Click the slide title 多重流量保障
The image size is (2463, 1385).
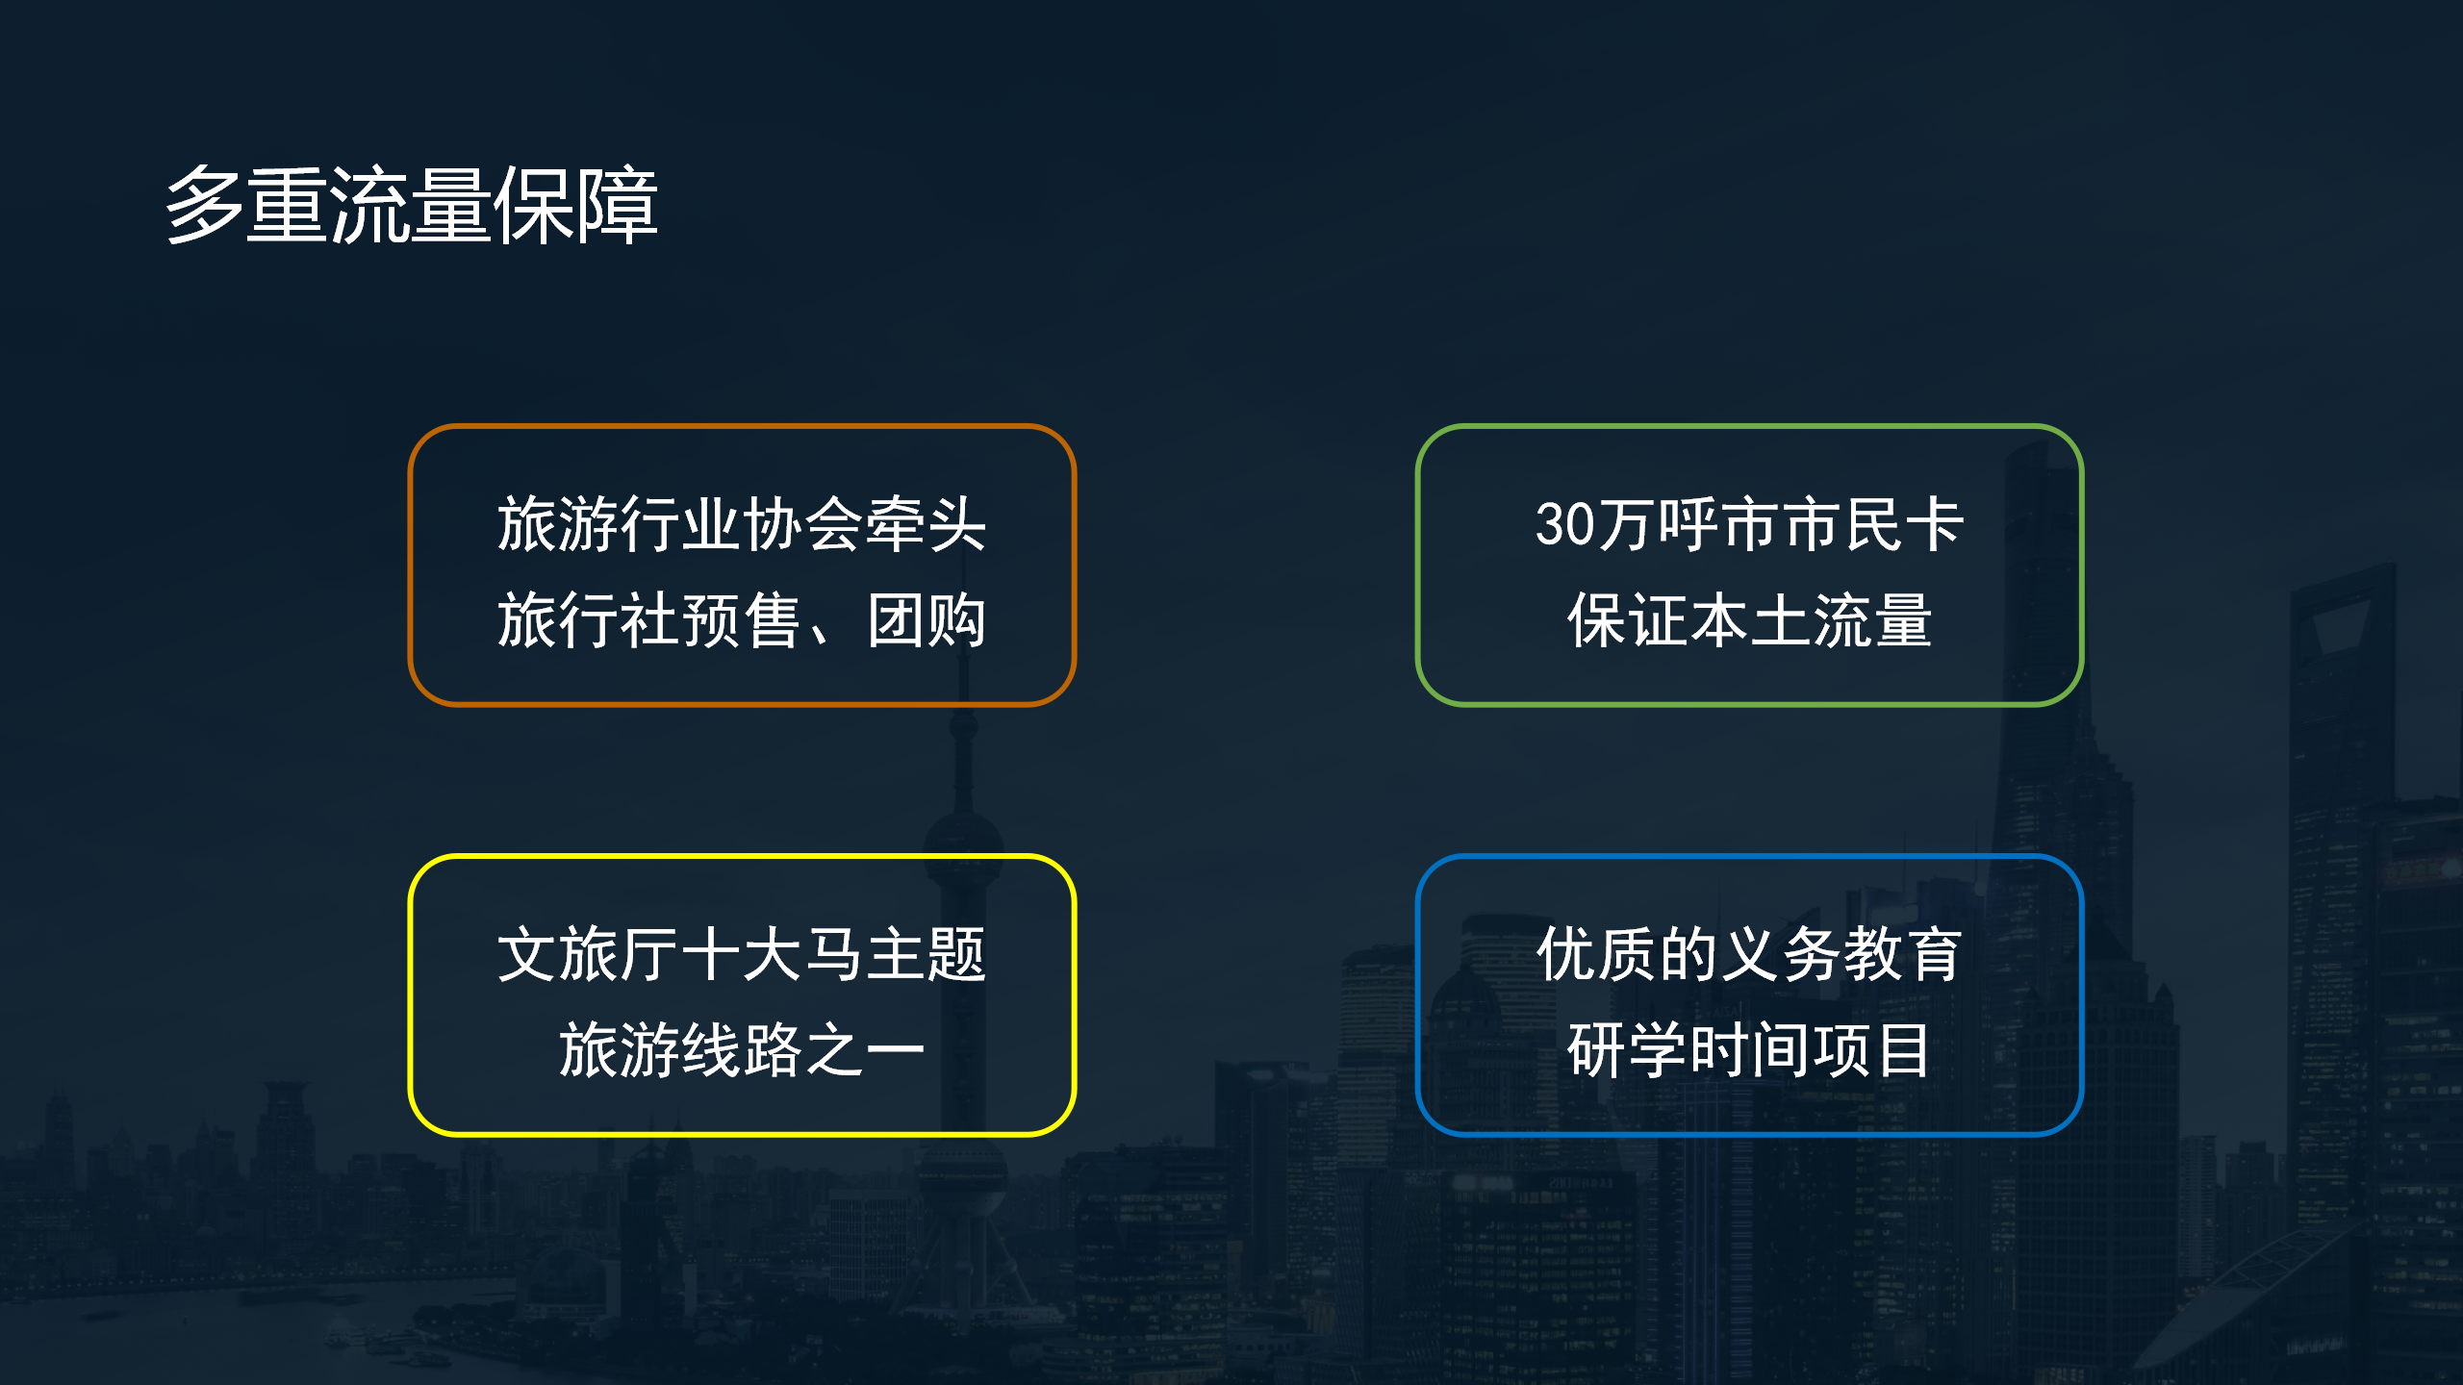click(x=412, y=205)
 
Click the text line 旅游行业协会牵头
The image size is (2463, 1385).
click(x=742, y=525)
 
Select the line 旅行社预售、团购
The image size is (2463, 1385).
click(x=742, y=620)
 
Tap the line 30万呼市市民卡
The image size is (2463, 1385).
click(x=1749, y=525)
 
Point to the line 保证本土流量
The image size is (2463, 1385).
click(x=1749, y=620)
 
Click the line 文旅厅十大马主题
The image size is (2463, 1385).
click(x=742, y=955)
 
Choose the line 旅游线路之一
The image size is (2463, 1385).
click(x=742, y=1049)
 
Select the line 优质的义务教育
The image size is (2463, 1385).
click(x=1749, y=955)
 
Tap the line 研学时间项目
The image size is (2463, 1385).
click(x=1749, y=1049)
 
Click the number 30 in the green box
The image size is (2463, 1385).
click(x=1565, y=525)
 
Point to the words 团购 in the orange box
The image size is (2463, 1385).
click(x=927, y=620)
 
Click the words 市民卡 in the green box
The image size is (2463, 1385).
click(x=1872, y=525)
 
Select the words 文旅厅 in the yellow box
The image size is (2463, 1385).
click(x=588, y=955)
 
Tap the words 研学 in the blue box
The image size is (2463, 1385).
click(x=1626, y=1049)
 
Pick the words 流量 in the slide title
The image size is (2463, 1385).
click(x=412, y=205)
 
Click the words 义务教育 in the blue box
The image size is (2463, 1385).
click(x=1841, y=955)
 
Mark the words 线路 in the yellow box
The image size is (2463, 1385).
click(x=742, y=1049)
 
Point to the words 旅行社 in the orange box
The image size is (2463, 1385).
click(x=588, y=620)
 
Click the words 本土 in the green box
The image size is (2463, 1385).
click(x=1749, y=620)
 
